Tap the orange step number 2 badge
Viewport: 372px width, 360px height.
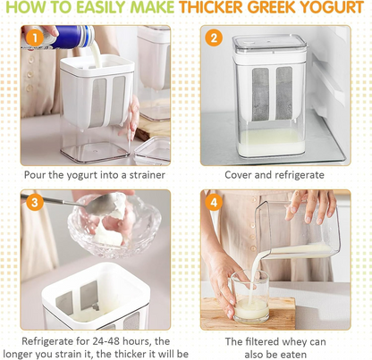point(214,38)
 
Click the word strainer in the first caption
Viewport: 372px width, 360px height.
point(143,175)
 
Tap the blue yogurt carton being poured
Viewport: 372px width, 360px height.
point(64,40)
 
